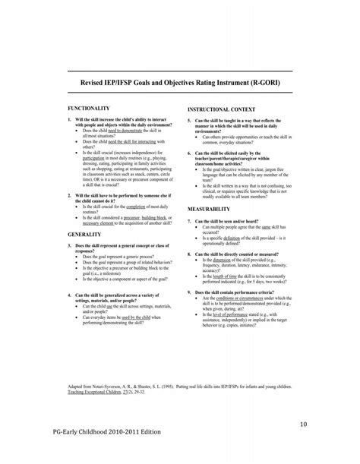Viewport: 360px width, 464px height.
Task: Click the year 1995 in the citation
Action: pos(174,386)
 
